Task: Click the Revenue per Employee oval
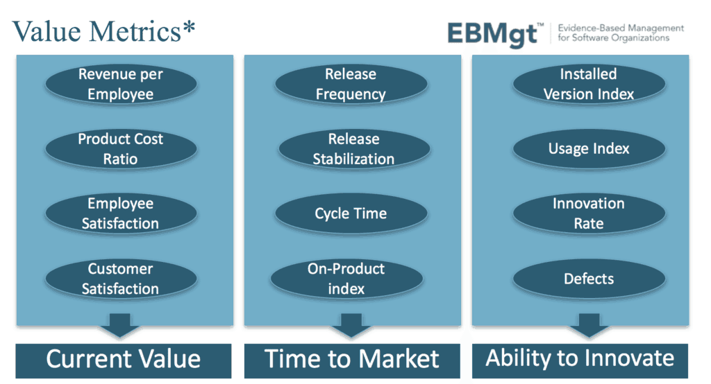point(121,84)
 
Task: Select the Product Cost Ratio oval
point(121,148)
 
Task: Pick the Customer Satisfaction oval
point(121,279)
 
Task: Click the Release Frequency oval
point(351,84)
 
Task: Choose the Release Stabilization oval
point(353,149)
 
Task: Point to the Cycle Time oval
point(351,213)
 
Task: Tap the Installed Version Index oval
point(588,84)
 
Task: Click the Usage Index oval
point(588,148)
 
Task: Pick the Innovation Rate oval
point(588,213)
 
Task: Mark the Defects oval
point(588,279)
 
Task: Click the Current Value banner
point(123,359)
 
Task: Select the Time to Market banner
point(351,359)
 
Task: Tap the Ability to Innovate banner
point(580,358)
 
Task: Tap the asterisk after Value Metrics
point(189,29)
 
